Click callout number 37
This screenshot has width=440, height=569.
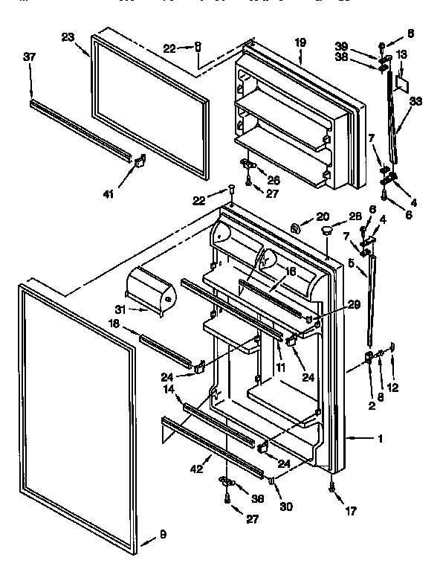click(x=30, y=57)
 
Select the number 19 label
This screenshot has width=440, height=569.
click(x=300, y=43)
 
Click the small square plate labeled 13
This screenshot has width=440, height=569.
click(x=402, y=80)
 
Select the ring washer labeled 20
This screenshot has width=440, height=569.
click(x=295, y=226)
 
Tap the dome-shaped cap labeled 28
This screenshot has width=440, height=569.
click(x=326, y=233)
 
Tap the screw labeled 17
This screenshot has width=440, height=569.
click(x=331, y=488)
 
